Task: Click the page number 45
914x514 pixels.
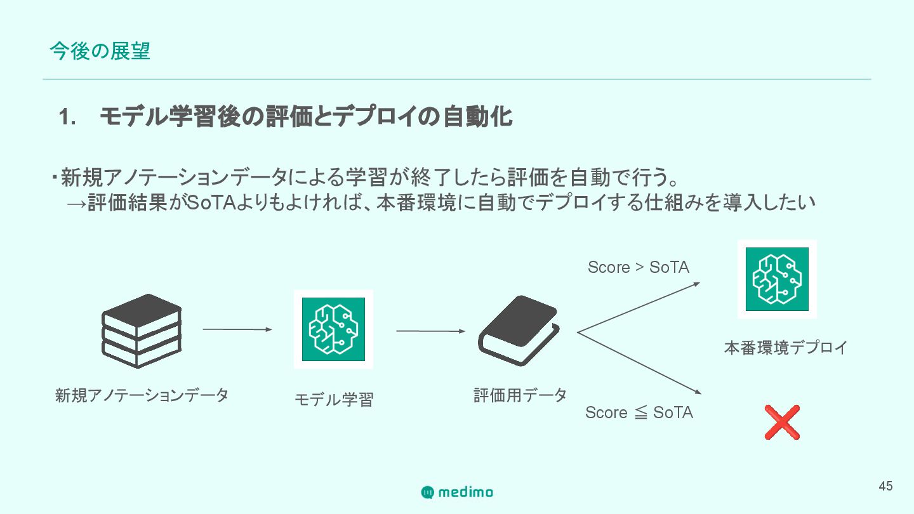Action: pos(885,486)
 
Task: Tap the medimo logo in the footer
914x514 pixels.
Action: pos(457,492)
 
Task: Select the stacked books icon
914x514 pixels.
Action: pos(142,331)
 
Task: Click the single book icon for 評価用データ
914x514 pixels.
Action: pos(519,331)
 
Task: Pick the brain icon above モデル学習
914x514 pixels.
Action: pos(333,329)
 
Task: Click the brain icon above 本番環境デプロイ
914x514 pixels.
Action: pos(777,279)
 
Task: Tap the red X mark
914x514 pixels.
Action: pos(781,422)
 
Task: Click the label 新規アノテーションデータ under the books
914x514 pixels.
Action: pos(142,395)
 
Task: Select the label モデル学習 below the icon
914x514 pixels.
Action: pos(334,400)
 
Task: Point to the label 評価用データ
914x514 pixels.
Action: pos(520,395)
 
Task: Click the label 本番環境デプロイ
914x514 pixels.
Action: pos(786,348)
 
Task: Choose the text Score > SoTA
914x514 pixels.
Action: pos(638,267)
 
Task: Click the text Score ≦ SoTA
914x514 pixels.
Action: pos(639,412)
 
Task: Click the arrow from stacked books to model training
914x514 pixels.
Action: pos(237,329)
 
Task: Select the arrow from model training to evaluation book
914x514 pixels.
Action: pos(430,331)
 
